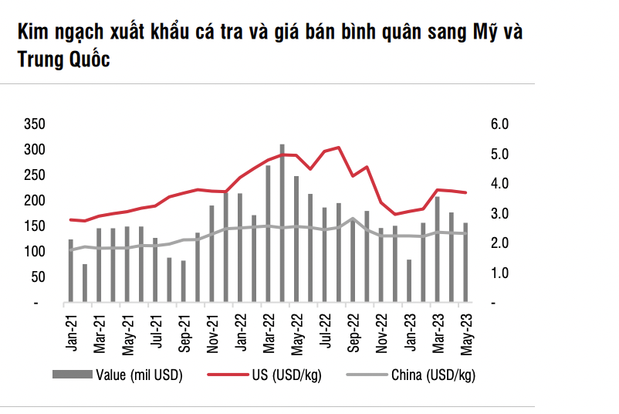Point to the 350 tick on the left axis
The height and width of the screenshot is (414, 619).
(x=36, y=124)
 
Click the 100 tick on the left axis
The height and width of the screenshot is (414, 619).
(x=36, y=252)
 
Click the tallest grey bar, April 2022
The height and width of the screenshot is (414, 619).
(x=282, y=224)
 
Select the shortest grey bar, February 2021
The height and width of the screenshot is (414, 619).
(x=85, y=283)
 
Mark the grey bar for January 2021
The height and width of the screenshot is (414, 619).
(x=71, y=271)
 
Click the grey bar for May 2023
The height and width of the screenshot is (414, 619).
(x=465, y=263)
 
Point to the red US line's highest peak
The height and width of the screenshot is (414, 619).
(x=339, y=147)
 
